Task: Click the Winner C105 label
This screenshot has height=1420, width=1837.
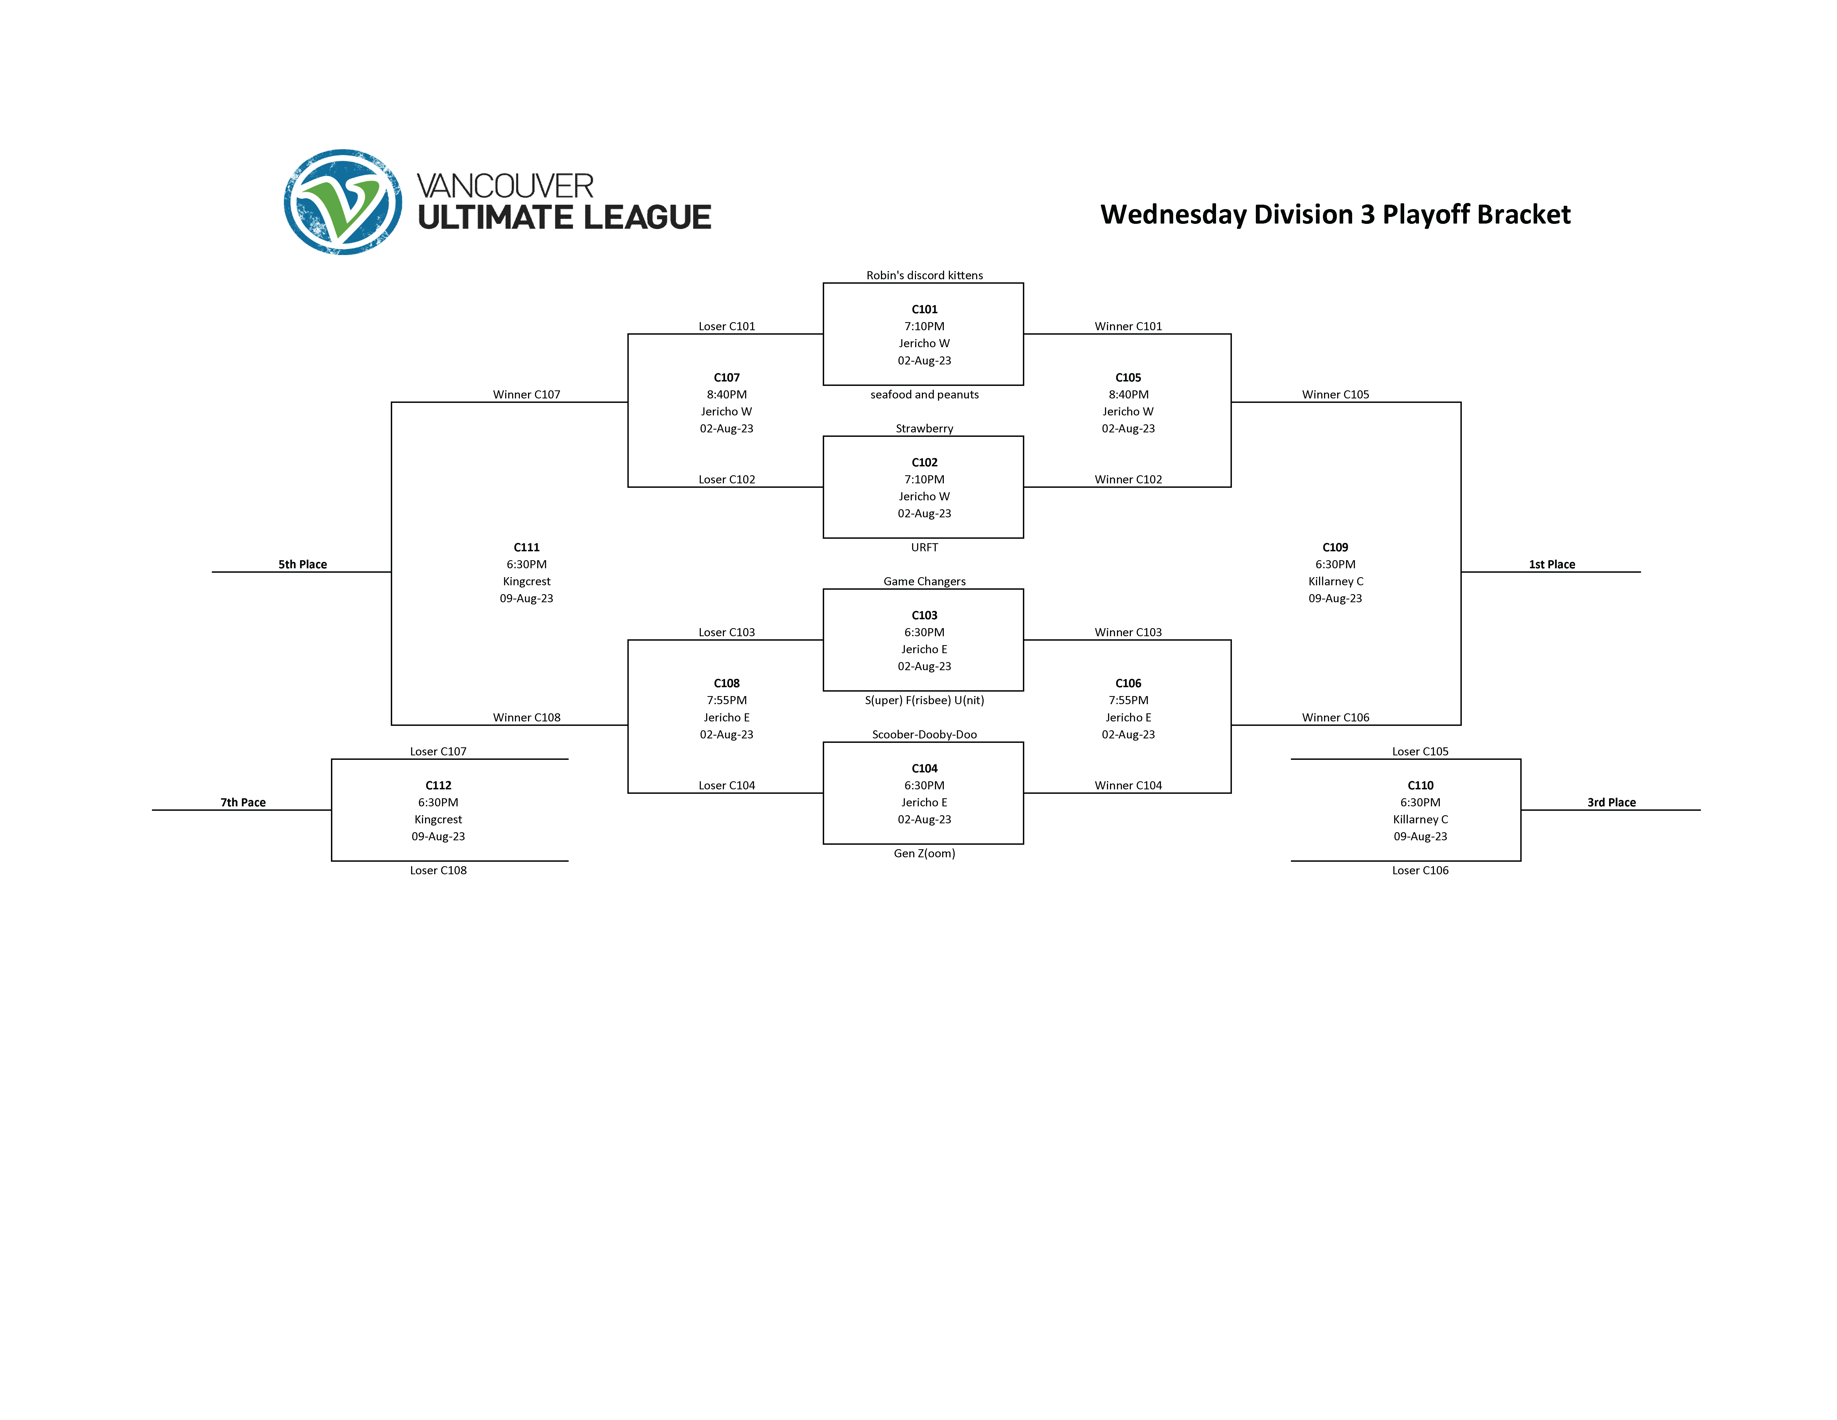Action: tap(1335, 395)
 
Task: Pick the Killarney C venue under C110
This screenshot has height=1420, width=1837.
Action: tap(1420, 819)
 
